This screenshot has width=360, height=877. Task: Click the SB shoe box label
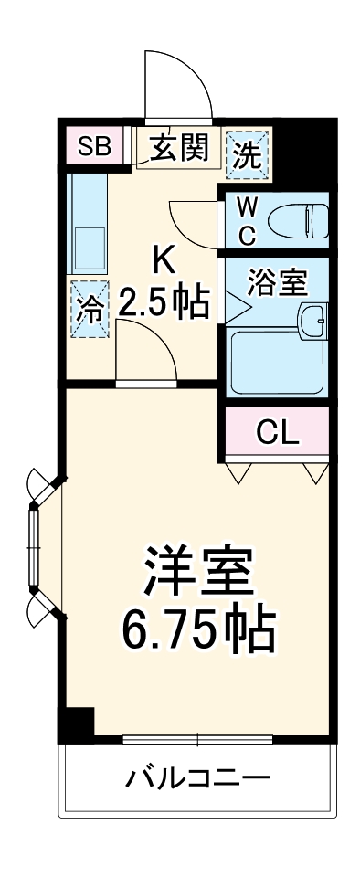pos(94,145)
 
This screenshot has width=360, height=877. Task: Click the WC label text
pos(248,220)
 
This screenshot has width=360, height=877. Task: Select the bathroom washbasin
pos(312,320)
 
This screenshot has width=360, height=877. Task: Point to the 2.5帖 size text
pos(165,303)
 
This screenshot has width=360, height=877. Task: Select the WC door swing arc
pos(192,221)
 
